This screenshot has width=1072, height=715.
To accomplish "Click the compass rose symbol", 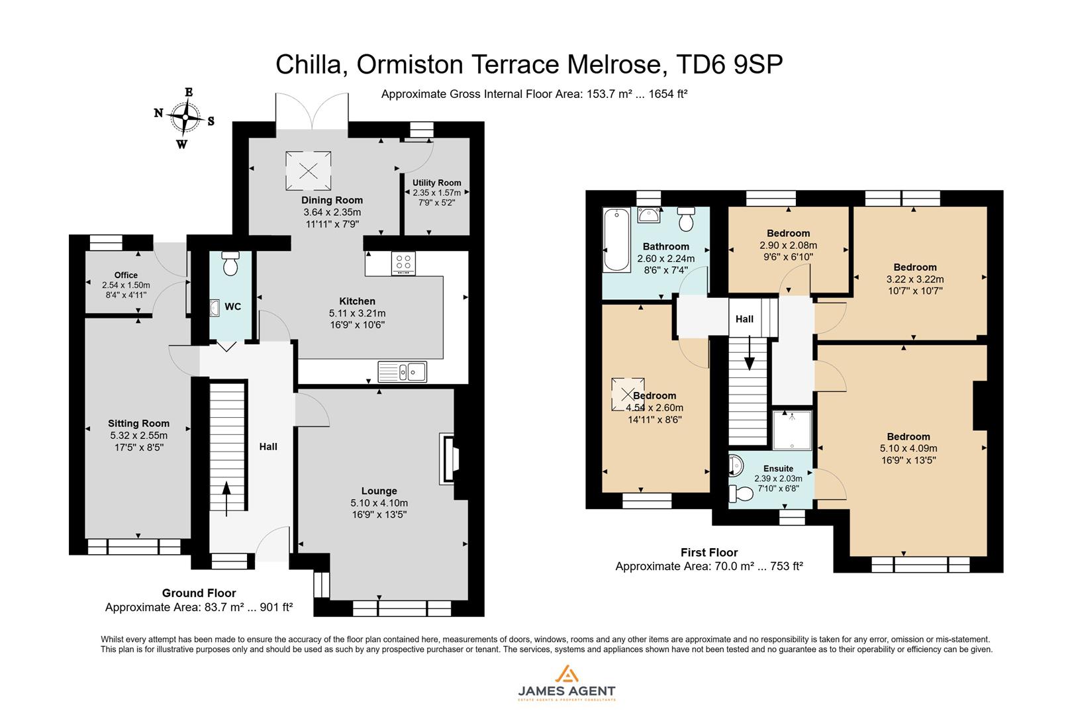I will (185, 119).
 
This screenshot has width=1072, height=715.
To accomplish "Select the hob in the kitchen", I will (403, 263).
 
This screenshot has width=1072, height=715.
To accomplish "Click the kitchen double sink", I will (402, 371).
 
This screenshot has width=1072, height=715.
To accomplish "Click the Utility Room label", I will (436, 183).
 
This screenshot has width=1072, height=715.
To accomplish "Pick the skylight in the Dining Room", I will (308, 170).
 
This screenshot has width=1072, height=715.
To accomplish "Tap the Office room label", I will (126, 275).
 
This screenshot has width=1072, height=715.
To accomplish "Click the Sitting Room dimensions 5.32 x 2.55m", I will (139, 436).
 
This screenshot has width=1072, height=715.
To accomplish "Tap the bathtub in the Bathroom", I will (616, 240).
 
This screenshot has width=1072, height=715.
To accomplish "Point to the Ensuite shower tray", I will (792, 429).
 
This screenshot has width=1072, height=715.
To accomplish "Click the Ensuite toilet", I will (741, 493).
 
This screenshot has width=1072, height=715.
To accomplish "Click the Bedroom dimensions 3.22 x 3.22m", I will (914, 279).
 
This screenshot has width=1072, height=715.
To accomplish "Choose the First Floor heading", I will (708, 552).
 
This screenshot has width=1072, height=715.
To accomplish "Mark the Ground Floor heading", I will (199, 593).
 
